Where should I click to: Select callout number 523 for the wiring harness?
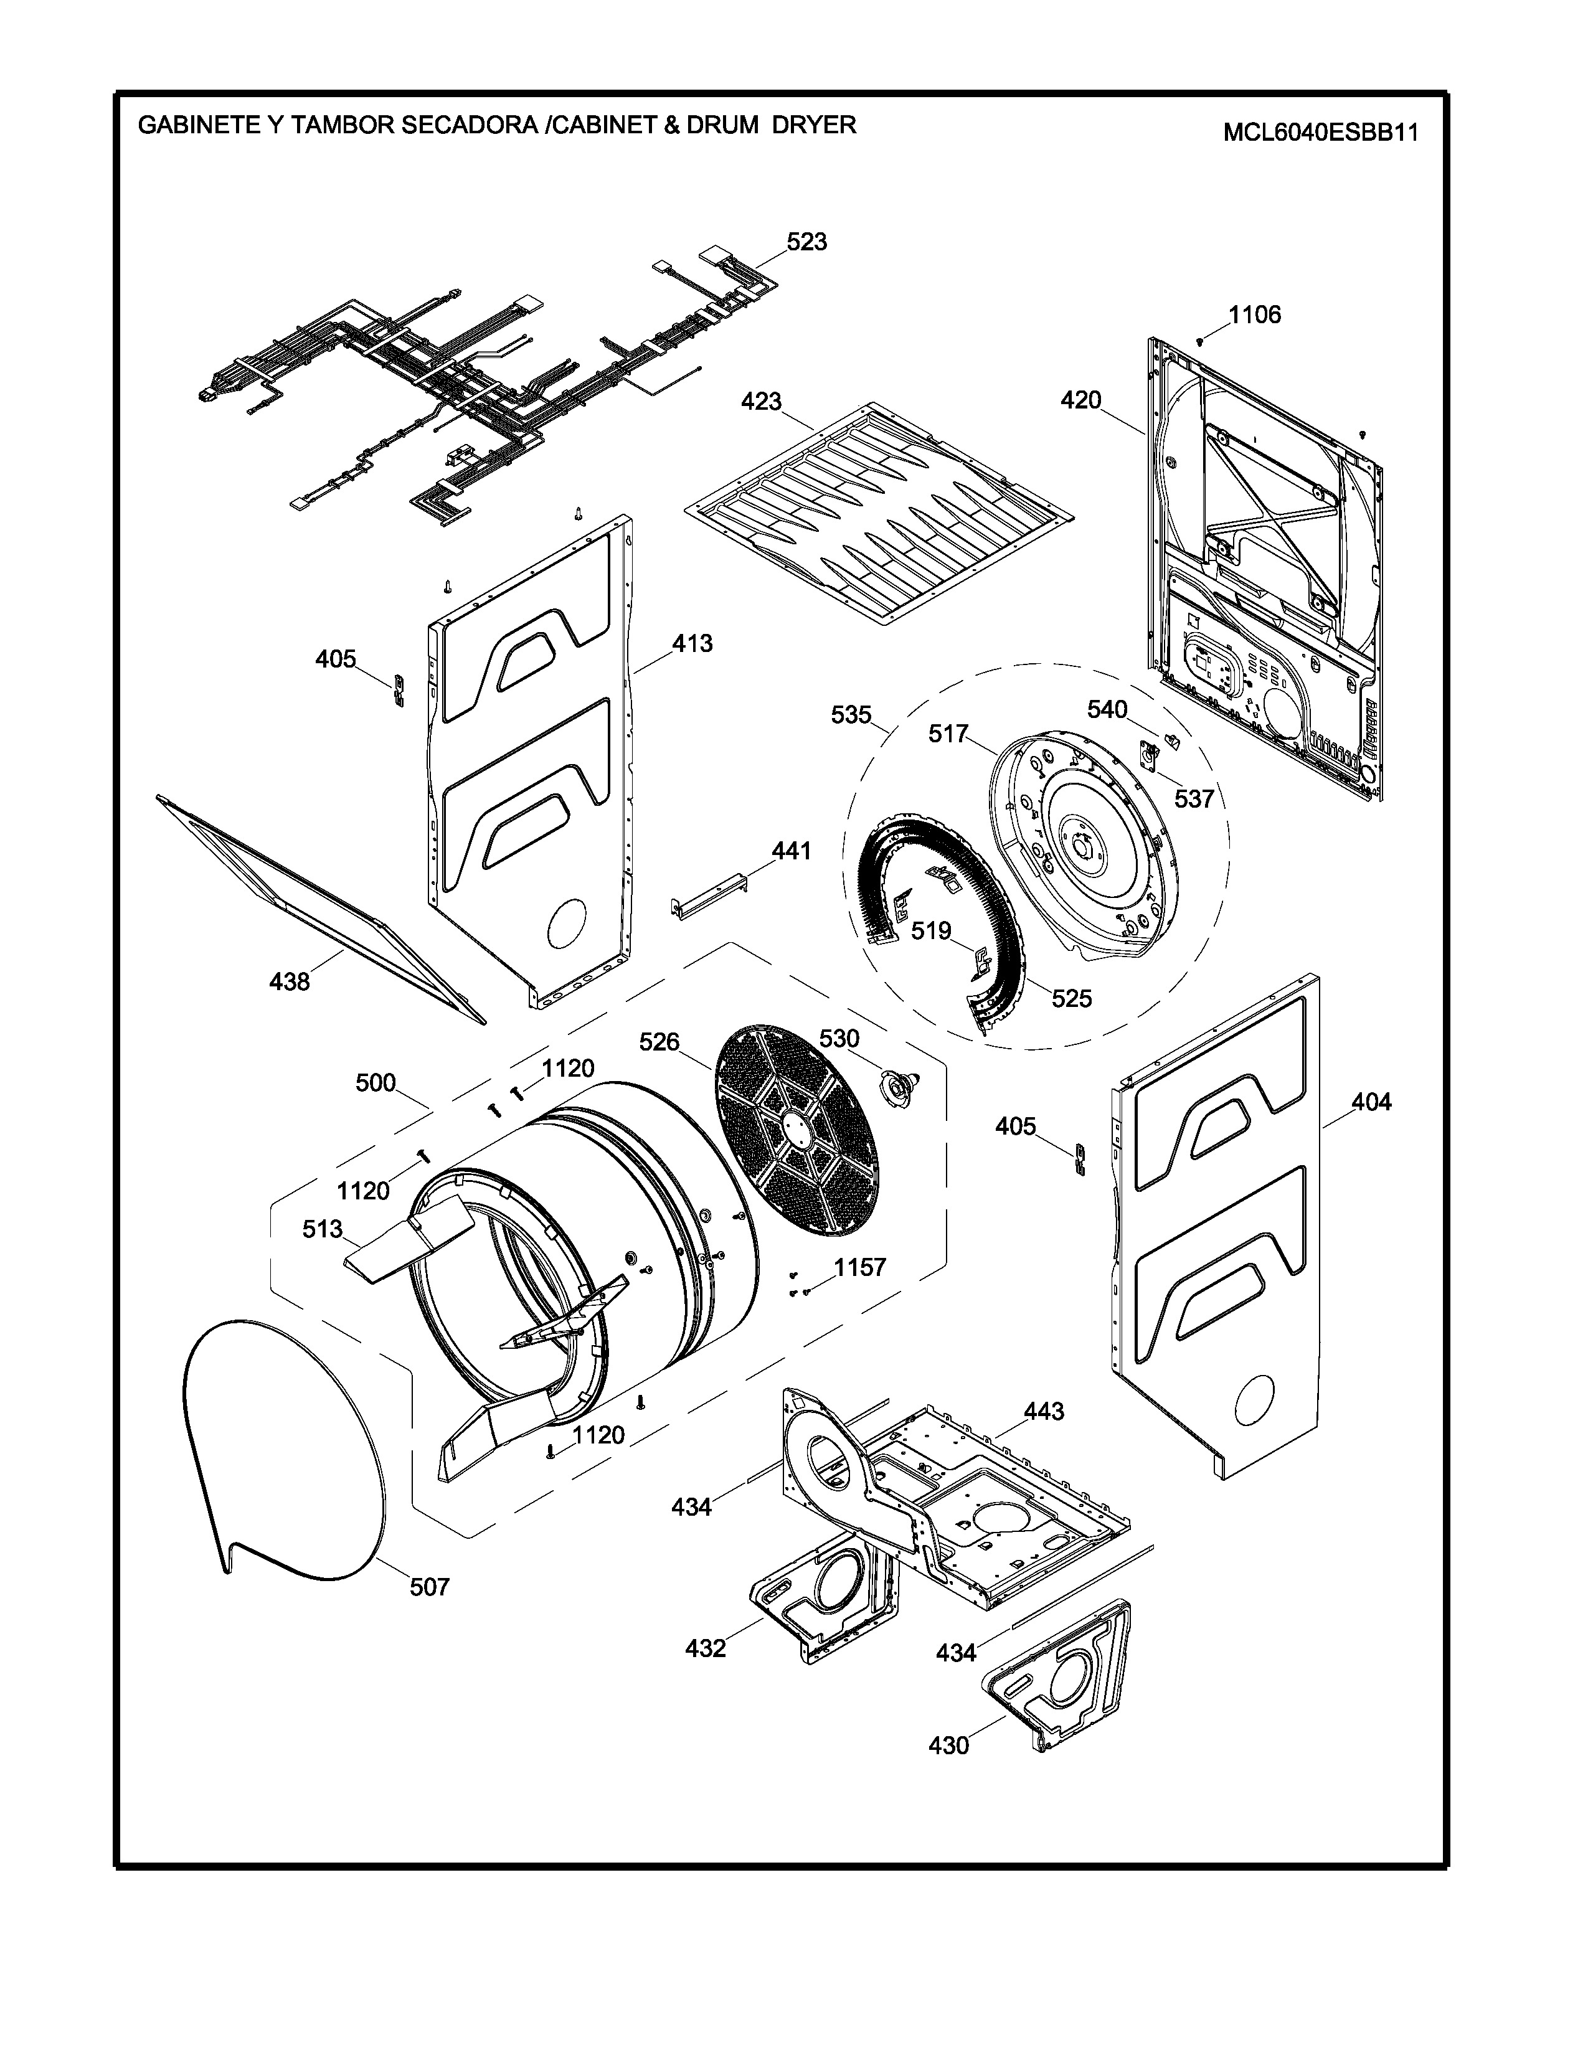806,242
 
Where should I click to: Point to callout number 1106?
1255,314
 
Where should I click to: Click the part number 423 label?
761,401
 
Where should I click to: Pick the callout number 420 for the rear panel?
1081,400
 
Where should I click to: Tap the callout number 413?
692,644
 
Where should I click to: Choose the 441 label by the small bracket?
791,851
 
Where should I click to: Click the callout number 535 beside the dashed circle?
851,715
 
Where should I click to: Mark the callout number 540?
1107,709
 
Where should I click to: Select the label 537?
1194,799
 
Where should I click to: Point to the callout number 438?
290,981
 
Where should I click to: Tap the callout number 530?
839,1039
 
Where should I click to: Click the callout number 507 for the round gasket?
429,1587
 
